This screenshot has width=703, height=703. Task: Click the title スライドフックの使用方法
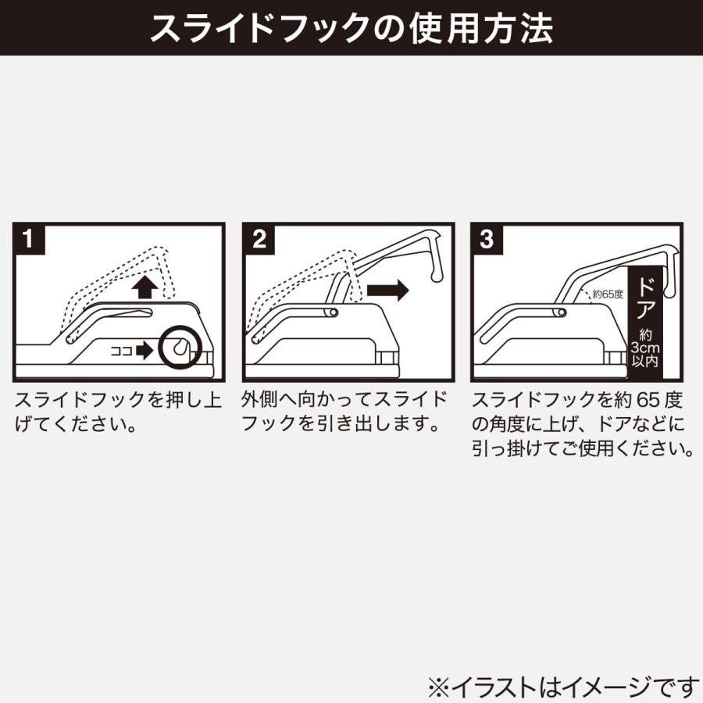tap(351, 29)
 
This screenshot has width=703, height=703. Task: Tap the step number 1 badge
tap(29, 239)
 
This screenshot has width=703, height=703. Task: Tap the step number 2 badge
tap(259, 239)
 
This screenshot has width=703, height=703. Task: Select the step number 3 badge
tap(487, 239)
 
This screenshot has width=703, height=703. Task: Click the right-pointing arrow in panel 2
tap(387, 290)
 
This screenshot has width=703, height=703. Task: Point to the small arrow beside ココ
tap(145, 351)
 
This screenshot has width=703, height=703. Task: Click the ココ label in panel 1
tap(122, 351)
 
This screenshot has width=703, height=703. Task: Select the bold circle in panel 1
tap(179, 347)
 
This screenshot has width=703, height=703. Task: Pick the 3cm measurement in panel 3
tap(646, 349)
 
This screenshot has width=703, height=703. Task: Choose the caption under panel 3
tap(583, 425)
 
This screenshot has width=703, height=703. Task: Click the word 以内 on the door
tap(646, 362)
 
